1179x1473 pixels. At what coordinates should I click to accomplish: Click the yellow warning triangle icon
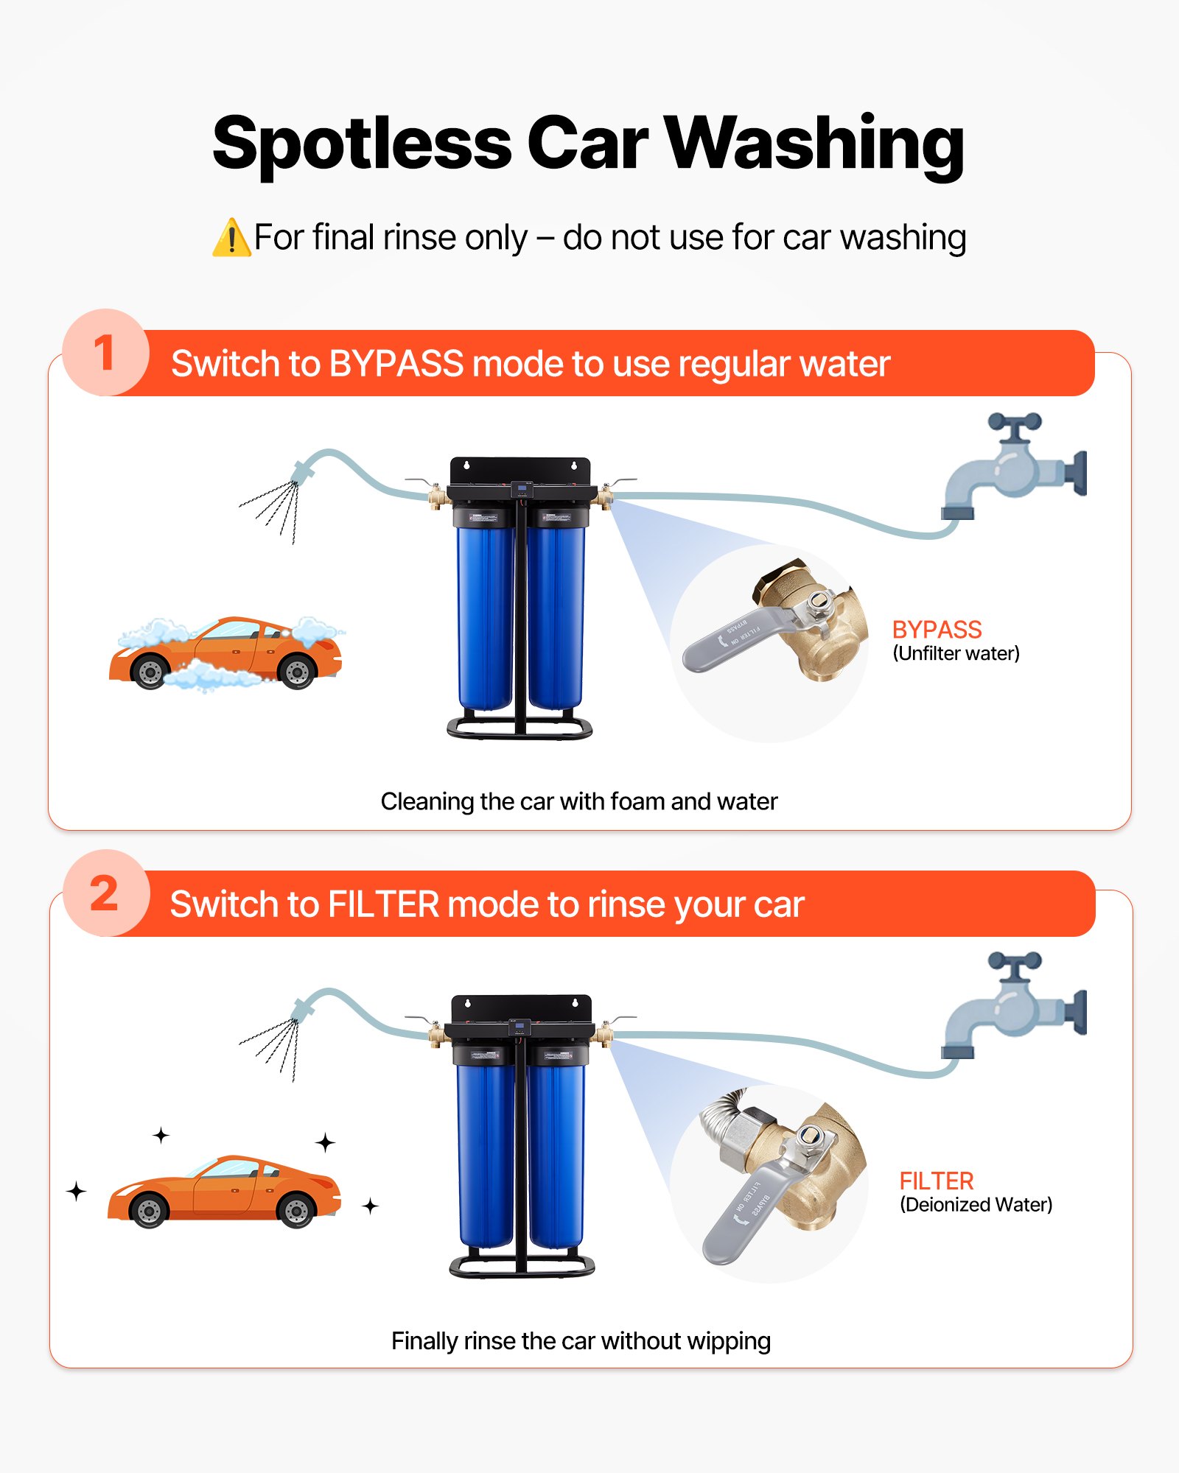[x=231, y=239]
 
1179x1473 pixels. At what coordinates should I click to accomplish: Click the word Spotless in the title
[x=361, y=144]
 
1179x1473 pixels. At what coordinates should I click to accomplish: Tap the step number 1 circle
[x=105, y=353]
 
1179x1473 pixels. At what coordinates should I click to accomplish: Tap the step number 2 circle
[x=105, y=893]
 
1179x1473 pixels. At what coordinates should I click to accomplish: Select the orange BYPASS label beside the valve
[x=936, y=630]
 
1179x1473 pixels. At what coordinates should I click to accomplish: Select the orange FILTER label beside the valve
[x=936, y=1181]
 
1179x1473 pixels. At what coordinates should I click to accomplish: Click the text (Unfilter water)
[x=956, y=653]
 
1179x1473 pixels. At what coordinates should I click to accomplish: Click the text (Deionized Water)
[x=976, y=1205]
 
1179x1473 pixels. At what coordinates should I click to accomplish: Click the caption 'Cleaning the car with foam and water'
[x=578, y=801]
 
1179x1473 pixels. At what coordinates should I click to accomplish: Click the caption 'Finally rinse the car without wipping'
[x=581, y=1341]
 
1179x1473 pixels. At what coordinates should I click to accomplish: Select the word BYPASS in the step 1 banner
[x=396, y=364]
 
